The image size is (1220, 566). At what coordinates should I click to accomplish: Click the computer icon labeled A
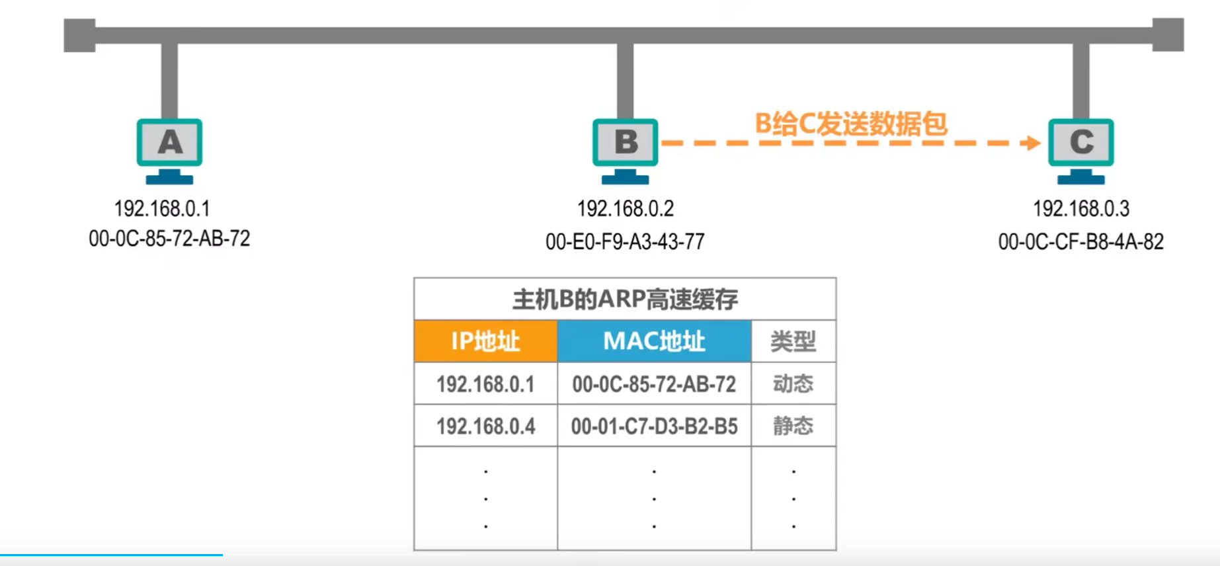coord(169,149)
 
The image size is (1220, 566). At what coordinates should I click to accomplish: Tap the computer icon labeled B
coord(625,149)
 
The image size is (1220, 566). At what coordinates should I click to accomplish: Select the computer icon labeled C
coord(1080,149)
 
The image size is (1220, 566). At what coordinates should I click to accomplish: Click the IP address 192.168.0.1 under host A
coord(162,209)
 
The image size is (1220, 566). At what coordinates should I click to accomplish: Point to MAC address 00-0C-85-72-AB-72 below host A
coord(169,238)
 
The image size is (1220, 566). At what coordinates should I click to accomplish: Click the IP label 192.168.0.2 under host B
coord(625,209)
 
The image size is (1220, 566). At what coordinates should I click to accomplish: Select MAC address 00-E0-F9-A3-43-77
coord(625,241)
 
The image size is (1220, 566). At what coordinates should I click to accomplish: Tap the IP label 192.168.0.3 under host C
coord(1081,209)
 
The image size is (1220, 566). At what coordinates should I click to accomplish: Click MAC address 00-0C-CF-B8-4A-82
coord(1080,241)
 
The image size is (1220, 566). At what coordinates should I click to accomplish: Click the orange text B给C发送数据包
coord(851,124)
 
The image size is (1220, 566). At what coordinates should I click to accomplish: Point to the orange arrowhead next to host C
coord(1031,143)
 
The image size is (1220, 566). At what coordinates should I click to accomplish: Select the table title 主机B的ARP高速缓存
coord(625,300)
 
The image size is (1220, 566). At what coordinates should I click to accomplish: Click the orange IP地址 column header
coord(485,341)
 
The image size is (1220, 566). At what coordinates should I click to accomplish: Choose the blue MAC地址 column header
coord(654,341)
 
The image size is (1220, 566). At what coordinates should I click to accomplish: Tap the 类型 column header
coord(793,341)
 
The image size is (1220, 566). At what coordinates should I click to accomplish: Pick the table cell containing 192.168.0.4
coord(485,426)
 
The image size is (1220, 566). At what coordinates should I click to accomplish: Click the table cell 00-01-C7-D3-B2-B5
coord(654,426)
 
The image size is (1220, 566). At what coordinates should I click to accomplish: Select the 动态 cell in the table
coord(793,384)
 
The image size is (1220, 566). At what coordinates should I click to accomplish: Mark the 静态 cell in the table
coord(793,426)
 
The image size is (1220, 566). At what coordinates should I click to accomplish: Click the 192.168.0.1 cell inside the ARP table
coord(485,384)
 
